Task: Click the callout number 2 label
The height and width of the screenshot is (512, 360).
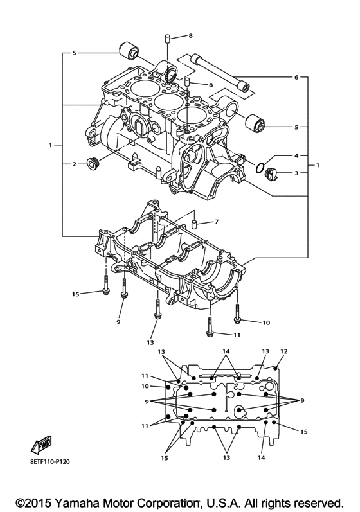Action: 74,164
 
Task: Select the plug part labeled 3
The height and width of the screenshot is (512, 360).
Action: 270,173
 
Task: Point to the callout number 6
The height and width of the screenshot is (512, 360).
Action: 296,78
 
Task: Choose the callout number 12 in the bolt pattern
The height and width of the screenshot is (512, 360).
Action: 283,351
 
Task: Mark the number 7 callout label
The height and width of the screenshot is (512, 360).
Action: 217,222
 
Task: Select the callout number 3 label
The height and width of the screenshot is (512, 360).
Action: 296,173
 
